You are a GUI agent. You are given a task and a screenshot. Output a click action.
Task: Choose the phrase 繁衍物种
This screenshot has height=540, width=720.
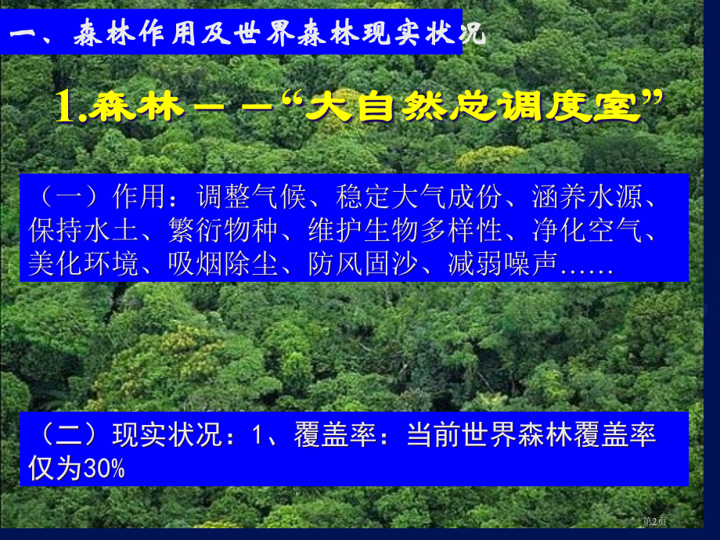[x=224, y=231]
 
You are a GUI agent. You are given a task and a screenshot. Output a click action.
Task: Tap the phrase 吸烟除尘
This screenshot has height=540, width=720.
[x=224, y=264]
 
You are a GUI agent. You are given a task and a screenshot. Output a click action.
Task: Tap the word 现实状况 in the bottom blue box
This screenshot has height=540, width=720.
[x=169, y=435]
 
